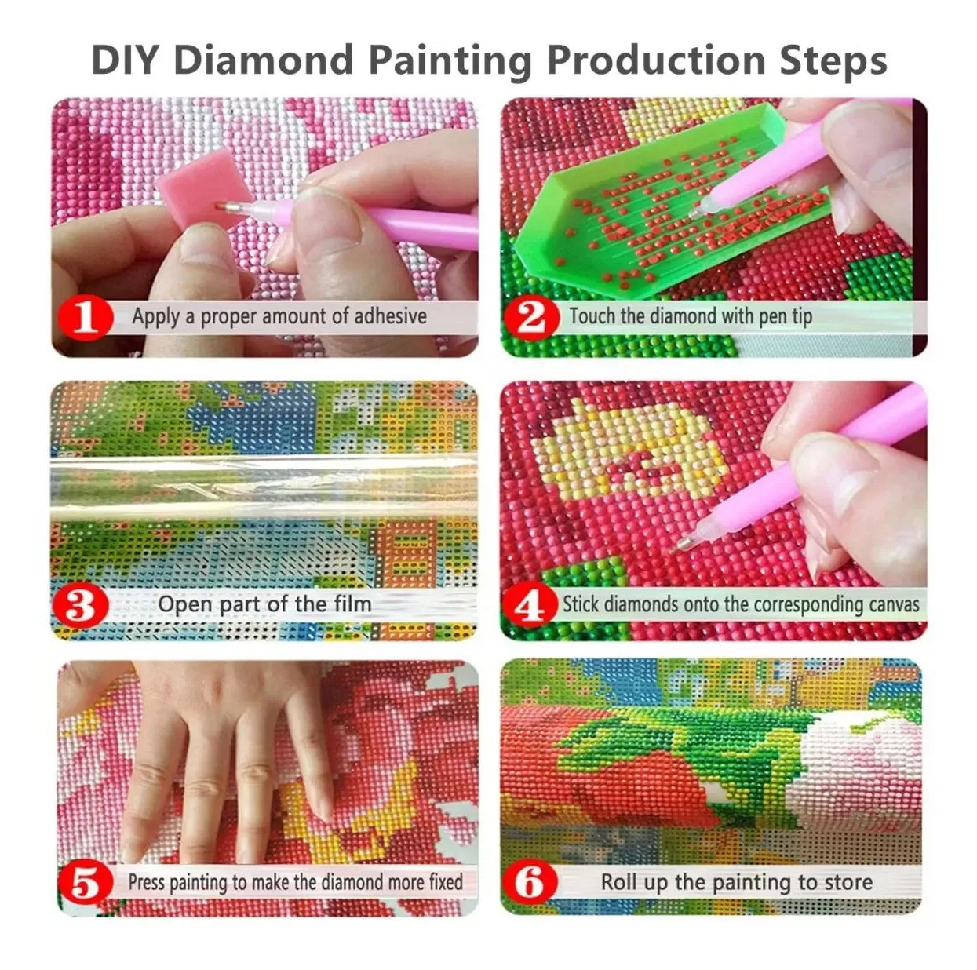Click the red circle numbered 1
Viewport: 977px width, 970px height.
click(86, 319)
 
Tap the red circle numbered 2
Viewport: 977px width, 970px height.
click(532, 319)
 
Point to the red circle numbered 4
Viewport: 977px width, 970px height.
click(530, 605)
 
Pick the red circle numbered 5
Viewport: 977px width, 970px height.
click(86, 884)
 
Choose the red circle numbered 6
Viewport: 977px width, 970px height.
click(530, 884)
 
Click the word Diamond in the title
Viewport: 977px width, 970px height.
click(263, 60)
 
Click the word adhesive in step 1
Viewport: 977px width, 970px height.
click(390, 316)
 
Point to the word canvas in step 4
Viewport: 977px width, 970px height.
click(895, 604)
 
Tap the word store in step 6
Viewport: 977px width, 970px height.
click(848, 883)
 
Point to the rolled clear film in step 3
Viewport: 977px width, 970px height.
click(264, 489)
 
